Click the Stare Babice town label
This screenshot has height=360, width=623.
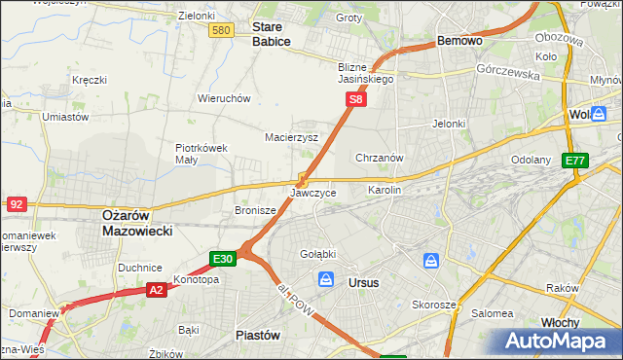[x=272, y=34]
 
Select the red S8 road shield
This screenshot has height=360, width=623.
[x=357, y=99]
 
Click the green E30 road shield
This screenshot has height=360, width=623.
[x=223, y=259]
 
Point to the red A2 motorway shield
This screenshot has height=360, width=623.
[x=157, y=289]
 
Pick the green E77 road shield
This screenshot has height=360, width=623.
[x=575, y=161]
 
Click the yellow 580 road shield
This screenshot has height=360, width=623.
[x=221, y=31]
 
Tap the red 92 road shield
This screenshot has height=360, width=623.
[x=16, y=204]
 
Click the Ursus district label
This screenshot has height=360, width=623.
[x=363, y=282]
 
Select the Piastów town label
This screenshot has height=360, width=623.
[x=258, y=334]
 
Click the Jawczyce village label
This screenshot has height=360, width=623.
[x=313, y=193]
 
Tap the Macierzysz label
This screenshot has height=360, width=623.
[x=292, y=137]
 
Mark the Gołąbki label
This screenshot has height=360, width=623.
[x=317, y=254]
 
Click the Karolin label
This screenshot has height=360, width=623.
[x=384, y=190]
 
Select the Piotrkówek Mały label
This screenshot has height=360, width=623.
[x=201, y=154]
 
